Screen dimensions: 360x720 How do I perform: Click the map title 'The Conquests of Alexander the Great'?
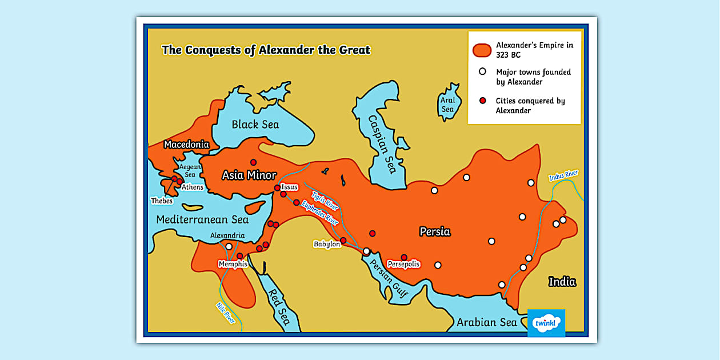coord(266,50)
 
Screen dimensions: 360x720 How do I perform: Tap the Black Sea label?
coord(255,125)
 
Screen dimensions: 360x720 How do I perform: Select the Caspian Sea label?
coord(382,143)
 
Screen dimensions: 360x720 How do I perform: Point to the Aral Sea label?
coord(447,104)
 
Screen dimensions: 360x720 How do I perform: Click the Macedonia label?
coord(186,145)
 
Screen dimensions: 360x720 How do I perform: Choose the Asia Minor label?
coord(249,175)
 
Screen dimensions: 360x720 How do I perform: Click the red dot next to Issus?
coord(277,187)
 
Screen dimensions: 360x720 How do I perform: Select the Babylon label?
coord(327,244)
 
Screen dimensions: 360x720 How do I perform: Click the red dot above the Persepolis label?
coord(404,257)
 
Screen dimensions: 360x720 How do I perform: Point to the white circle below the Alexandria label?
coord(229,246)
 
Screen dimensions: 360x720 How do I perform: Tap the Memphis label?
coord(233,264)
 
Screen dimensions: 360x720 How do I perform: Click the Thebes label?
coord(162,201)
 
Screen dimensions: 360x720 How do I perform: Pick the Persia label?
coord(435,231)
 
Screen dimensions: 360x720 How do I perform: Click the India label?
coord(562,281)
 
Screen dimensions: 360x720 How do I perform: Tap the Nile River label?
coord(226,313)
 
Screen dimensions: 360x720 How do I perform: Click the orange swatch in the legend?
coord(482,50)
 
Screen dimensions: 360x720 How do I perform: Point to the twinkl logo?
coord(546,323)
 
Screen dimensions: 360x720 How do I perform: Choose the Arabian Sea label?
coord(486,322)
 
